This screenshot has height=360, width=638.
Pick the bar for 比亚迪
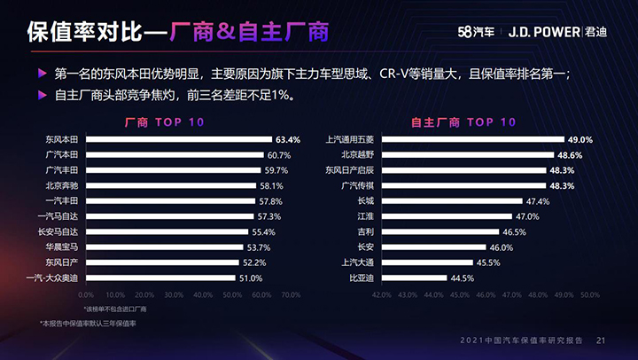click(413, 278)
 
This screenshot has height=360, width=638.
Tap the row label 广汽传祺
click(358, 185)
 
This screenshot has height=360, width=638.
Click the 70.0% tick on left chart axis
click(291, 294)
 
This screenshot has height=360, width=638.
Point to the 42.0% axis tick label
click(382, 294)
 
